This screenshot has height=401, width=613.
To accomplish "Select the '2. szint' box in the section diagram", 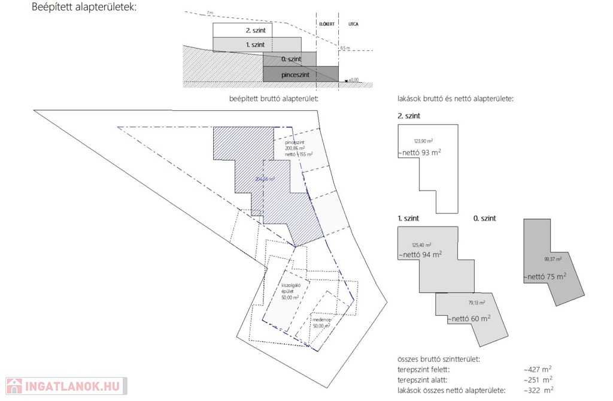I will (242, 30).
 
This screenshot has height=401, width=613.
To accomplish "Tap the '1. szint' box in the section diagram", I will (256, 45).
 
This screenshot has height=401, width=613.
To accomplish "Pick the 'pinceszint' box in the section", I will (299, 74).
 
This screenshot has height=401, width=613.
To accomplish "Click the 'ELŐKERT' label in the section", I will (326, 26).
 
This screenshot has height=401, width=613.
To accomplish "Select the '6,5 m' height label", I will (345, 48).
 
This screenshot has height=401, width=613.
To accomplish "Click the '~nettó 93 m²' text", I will (419, 152).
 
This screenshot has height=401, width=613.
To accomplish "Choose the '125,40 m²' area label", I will (422, 245).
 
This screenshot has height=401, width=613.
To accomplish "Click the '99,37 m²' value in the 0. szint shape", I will (554, 259).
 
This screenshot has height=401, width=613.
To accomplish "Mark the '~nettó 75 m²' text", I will (545, 277).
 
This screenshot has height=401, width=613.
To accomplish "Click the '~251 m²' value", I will (538, 380).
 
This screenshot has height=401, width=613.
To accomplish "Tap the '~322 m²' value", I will (538, 390).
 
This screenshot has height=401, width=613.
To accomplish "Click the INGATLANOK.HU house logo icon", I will (14, 385).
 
